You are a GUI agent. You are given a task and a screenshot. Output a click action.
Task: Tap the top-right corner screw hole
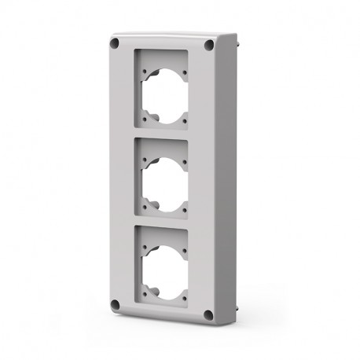[x=208, y=46]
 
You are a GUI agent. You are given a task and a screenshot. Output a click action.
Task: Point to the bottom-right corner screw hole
[x=208, y=314]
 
